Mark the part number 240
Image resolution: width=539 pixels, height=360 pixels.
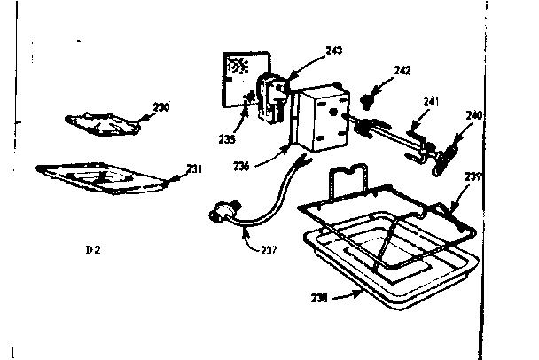[474, 115]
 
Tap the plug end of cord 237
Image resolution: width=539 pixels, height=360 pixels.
[218, 214]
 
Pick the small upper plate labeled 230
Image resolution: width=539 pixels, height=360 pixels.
[102, 125]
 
